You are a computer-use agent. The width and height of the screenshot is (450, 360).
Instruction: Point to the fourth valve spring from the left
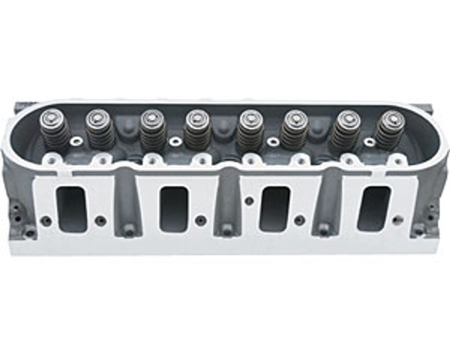(x=197, y=130)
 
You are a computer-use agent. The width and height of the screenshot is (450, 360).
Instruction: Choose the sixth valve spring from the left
(x=294, y=130)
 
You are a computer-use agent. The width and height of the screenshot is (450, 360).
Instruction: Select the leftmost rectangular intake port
(x=72, y=209)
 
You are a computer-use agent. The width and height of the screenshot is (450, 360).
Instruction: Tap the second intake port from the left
(x=173, y=209)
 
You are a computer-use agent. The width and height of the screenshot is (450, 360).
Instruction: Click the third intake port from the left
(x=274, y=209)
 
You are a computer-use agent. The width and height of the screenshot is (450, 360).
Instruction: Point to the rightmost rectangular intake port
(x=373, y=209)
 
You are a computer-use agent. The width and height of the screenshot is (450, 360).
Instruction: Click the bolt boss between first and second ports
(x=129, y=229)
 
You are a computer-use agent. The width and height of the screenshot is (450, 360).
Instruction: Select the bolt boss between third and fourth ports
(x=324, y=229)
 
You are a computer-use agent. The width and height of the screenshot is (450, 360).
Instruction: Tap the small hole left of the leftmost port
(x=46, y=220)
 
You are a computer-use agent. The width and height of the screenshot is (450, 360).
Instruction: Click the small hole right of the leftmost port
(x=100, y=220)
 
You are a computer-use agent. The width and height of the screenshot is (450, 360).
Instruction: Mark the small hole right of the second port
(x=199, y=220)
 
